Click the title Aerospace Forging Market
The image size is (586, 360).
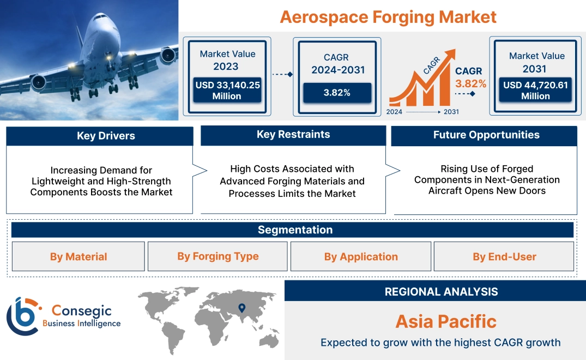pyautogui.click(x=388, y=17)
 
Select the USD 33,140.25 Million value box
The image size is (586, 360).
pyautogui.click(x=227, y=91)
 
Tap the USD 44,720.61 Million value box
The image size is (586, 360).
pyautogui.click(x=536, y=91)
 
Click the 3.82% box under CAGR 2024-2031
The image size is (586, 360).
pyautogui.click(x=337, y=93)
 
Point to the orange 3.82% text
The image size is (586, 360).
pyautogui.click(x=470, y=83)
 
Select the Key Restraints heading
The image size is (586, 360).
pyautogui.click(x=293, y=135)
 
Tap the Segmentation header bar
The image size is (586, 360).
pyautogui.click(x=295, y=230)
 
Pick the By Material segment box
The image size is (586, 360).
pyautogui.click(x=78, y=256)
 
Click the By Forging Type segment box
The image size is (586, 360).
pyautogui.click(x=218, y=256)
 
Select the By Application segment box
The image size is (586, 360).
pyautogui.click(x=361, y=256)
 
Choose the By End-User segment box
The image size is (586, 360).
pyautogui.click(x=504, y=256)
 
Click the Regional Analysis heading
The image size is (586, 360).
pyautogui.click(x=441, y=292)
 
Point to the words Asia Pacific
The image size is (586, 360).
pyautogui.click(x=446, y=321)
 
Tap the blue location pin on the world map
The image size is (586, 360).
pyautogui.click(x=242, y=308)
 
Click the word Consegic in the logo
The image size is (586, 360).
pyautogui.click(x=81, y=311)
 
